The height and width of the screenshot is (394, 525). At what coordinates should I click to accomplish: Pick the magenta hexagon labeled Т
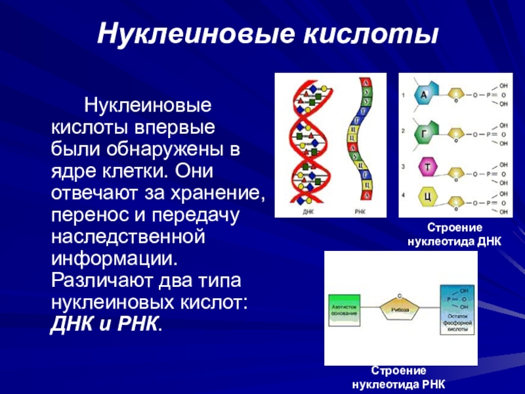pos(427,167)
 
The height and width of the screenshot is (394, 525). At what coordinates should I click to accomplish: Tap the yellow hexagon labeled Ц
pos(427,197)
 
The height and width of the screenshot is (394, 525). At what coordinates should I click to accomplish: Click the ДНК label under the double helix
pos(308,212)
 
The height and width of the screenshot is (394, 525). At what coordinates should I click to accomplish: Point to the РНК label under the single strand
pos(360,212)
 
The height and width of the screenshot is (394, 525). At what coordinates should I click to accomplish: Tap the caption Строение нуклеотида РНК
pos(399,378)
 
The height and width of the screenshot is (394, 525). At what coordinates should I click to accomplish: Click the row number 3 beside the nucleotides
pos(404,166)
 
